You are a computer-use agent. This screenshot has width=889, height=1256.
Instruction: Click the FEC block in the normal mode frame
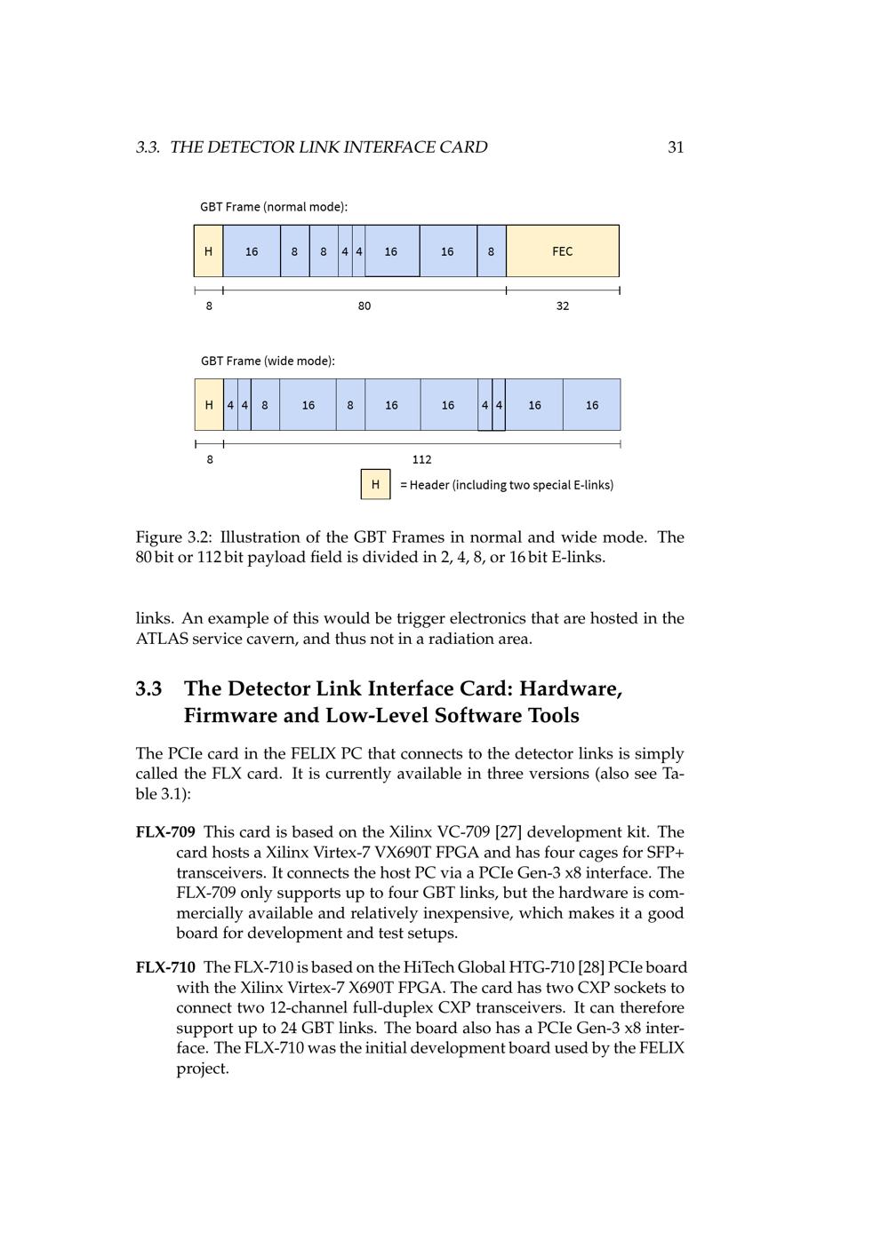click(563, 251)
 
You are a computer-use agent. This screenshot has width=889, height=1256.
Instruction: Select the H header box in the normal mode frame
click(208, 251)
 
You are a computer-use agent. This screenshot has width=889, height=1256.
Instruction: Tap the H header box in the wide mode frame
click(209, 405)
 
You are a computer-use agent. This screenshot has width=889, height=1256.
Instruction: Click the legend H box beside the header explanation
click(375, 484)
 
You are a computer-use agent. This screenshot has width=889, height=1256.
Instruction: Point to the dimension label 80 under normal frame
click(364, 306)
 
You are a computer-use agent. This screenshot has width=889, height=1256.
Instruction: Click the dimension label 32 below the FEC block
click(563, 306)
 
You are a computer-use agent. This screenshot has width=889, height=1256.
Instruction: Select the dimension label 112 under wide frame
click(422, 459)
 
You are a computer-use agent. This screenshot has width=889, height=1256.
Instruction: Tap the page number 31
click(676, 147)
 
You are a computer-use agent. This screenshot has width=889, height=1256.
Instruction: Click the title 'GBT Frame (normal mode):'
click(274, 207)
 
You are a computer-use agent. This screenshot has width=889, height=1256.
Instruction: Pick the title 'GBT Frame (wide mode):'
click(268, 361)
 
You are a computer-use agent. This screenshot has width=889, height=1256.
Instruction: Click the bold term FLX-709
click(165, 832)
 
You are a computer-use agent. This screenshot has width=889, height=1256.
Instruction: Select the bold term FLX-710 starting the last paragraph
click(165, 967)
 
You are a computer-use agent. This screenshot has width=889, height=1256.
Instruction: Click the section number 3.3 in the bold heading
click(148, 689)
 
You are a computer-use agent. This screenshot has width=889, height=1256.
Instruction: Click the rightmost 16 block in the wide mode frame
click(592, 405)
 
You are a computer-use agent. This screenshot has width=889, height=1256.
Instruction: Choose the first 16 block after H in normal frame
click(252, 251)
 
